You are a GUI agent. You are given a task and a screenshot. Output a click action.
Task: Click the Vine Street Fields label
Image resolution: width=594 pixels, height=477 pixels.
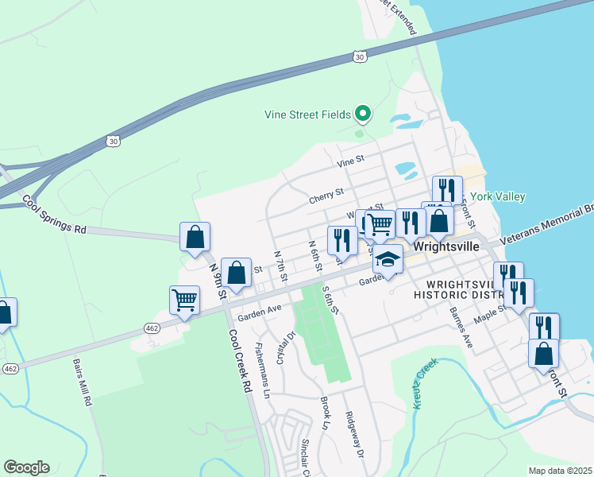(x=307, y=114)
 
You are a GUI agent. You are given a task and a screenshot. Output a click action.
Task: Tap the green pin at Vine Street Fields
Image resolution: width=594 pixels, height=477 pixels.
(x=363, y=114)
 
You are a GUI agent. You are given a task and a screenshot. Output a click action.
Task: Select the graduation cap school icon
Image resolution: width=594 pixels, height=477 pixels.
(x=388, y=260)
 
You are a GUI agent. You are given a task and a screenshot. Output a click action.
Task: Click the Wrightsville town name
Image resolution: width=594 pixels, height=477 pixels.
(x=445, y=246)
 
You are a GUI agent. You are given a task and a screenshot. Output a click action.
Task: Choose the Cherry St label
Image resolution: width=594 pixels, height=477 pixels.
(x=326, y=192)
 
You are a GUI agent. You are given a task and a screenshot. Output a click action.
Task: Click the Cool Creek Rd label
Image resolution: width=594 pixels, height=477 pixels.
(x=240, y=365)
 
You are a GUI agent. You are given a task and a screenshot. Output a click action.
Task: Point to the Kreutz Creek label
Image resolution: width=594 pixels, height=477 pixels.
(x=426, y=384)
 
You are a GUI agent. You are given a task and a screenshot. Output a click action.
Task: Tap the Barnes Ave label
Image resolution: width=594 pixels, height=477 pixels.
(x=461, y=327)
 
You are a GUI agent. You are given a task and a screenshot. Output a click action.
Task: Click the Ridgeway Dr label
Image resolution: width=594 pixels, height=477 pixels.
(x=354, y=434)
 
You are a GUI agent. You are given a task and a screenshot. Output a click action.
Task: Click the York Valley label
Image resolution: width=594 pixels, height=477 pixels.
(x=498, y=196)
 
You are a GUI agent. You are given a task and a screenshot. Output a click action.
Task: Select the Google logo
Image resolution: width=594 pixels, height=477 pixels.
(x=26, y=467)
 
